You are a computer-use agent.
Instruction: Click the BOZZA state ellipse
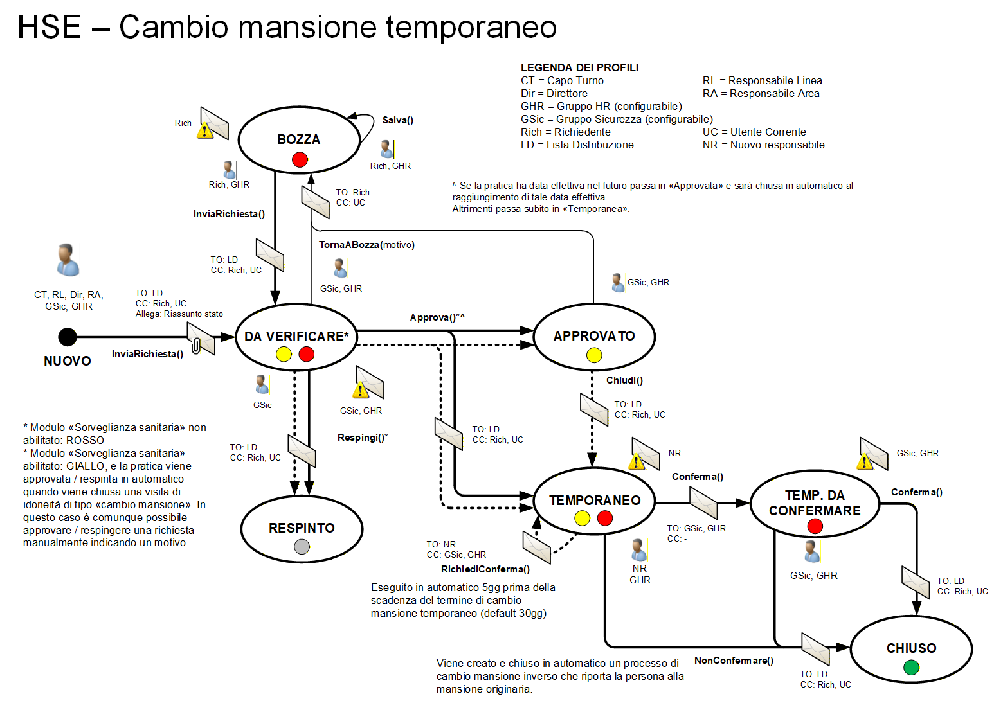(298, 139)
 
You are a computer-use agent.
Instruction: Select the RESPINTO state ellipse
(302, 528)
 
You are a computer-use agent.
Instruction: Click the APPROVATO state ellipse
(594, 336)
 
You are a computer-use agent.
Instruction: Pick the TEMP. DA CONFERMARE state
(815, 503)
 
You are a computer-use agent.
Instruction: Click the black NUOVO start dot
(68, 337)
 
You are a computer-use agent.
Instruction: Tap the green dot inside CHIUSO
(911, 668)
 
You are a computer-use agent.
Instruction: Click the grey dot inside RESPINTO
(302, 547)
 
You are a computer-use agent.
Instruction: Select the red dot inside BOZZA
(300, 159)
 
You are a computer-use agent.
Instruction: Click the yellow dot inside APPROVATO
(594, 355)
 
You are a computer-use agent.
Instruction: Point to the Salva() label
(398, 120)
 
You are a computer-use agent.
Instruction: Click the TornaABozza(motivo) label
(366, 245)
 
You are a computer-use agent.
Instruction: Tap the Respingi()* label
(363, 438)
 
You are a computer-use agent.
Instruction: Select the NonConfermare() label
(734, 661)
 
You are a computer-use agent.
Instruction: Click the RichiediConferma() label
(485, 569)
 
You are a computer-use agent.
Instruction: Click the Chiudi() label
(624, 380)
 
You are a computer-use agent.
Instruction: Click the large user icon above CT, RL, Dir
(68, 260)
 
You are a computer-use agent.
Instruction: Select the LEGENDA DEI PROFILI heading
(579, 67)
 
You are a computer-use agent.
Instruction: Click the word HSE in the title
(50, 27)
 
